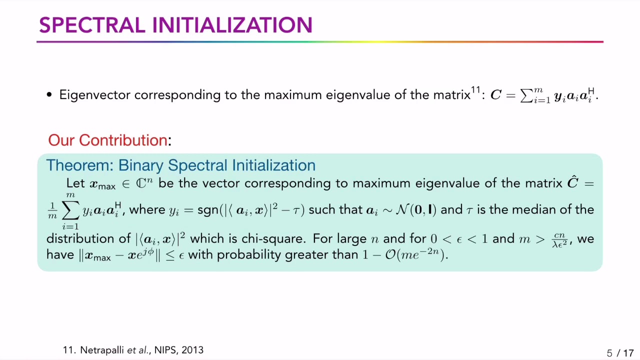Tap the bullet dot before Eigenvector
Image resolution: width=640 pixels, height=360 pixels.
pos(49,95)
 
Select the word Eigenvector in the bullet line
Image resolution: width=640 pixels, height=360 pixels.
pos(95,95)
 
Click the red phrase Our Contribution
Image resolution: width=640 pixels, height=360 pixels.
pos(107,140)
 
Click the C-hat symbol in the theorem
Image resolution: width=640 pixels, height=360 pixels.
pos(573,183)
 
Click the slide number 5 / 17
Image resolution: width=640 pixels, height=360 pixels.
pos(620,353)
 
